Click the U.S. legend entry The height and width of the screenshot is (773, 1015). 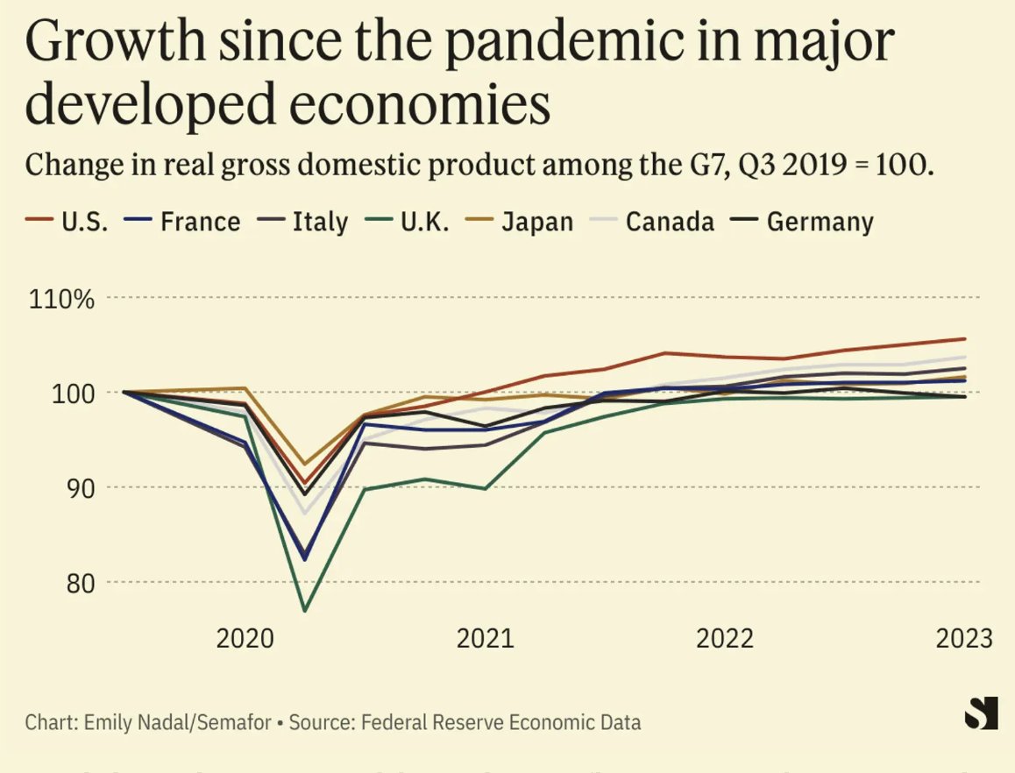pyautogui.click(x=67, y=222)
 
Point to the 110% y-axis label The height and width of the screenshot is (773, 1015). pyautogui.click(x=61, y=299)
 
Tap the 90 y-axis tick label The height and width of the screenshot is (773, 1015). pyautogui.click(x=75, y=487)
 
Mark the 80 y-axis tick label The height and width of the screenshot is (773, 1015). pyautogui.click(x=75, y=582)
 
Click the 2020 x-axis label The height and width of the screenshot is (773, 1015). pyautogui.click(x=245, y=637)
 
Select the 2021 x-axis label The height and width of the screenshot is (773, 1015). pyautogui.click(x=485, y=637)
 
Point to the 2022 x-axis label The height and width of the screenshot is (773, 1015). pyautogui.click(x=724, y=637)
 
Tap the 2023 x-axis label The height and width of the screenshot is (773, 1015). pyautogui.click(x=963, y=637)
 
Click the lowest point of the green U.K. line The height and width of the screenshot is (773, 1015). pyautogui.click(x=304, y=610)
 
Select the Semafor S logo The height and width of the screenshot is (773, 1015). pyautogui.click(x=981, y=713)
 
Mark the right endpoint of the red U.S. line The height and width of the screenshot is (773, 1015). pyautogui.click(x=965, y=338)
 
